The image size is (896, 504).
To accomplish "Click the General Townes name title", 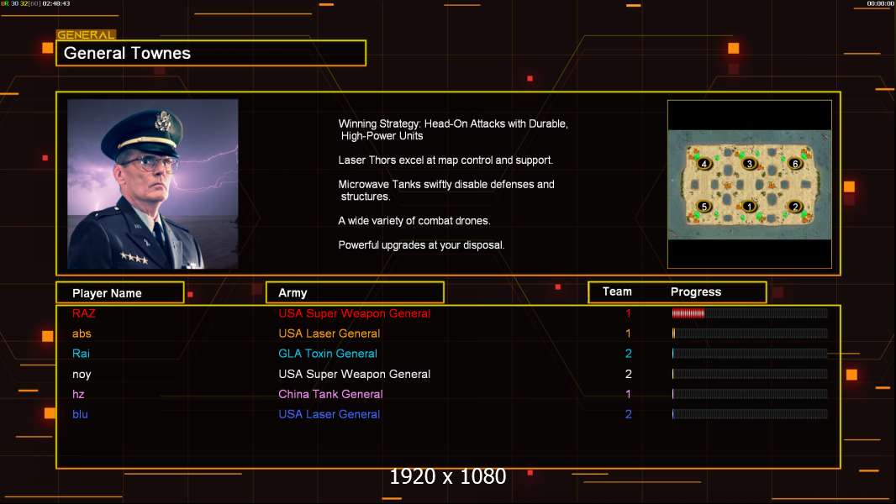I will (x=128, y=53).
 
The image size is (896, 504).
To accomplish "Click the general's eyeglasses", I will (x=149, y=163).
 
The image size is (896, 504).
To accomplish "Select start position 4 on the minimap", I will (x=704, y=164).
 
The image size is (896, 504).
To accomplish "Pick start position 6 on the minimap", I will (x=795, y=164).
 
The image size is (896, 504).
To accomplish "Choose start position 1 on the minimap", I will (x=749, y=207).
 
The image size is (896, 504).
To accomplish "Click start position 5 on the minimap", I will (x=704, y=207).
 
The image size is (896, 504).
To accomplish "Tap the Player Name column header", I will (x=107, y=293).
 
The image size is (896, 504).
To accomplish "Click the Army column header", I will (x=293, y=293).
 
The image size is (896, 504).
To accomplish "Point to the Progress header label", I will (x=696, y=292).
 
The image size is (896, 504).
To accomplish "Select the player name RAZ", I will (x=84, y=313).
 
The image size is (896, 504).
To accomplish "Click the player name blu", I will (x=80, y=414).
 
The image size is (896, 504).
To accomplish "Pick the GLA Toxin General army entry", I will (x=328, y=354).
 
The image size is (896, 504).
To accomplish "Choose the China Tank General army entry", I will (x=330, y=394).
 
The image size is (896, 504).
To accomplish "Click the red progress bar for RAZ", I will (x=688, y=313).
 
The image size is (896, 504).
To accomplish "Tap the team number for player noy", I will (x=628, y=374).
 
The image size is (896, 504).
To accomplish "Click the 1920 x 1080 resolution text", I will (x=448, y=477).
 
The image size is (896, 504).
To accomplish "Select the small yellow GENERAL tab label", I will (x=86, y=35).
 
